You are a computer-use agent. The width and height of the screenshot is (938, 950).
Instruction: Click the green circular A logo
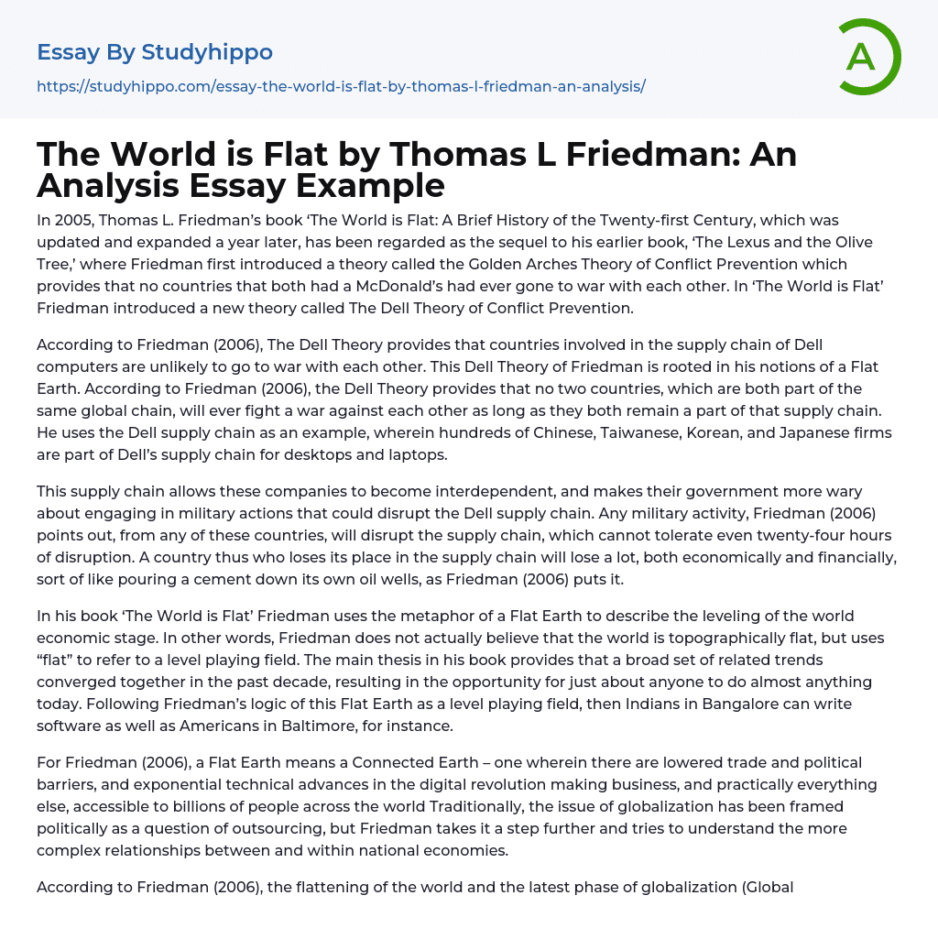pyautogui.click(x=868, y=57)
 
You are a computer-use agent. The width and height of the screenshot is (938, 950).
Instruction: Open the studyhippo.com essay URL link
pyautogui.click(x=341, y=86)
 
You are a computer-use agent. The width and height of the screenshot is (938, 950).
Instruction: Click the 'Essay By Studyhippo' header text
pyautogui.click(x=155, y=52)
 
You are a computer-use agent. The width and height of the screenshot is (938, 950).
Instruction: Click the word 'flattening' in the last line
pyautogui.click(x=331, y=887)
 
